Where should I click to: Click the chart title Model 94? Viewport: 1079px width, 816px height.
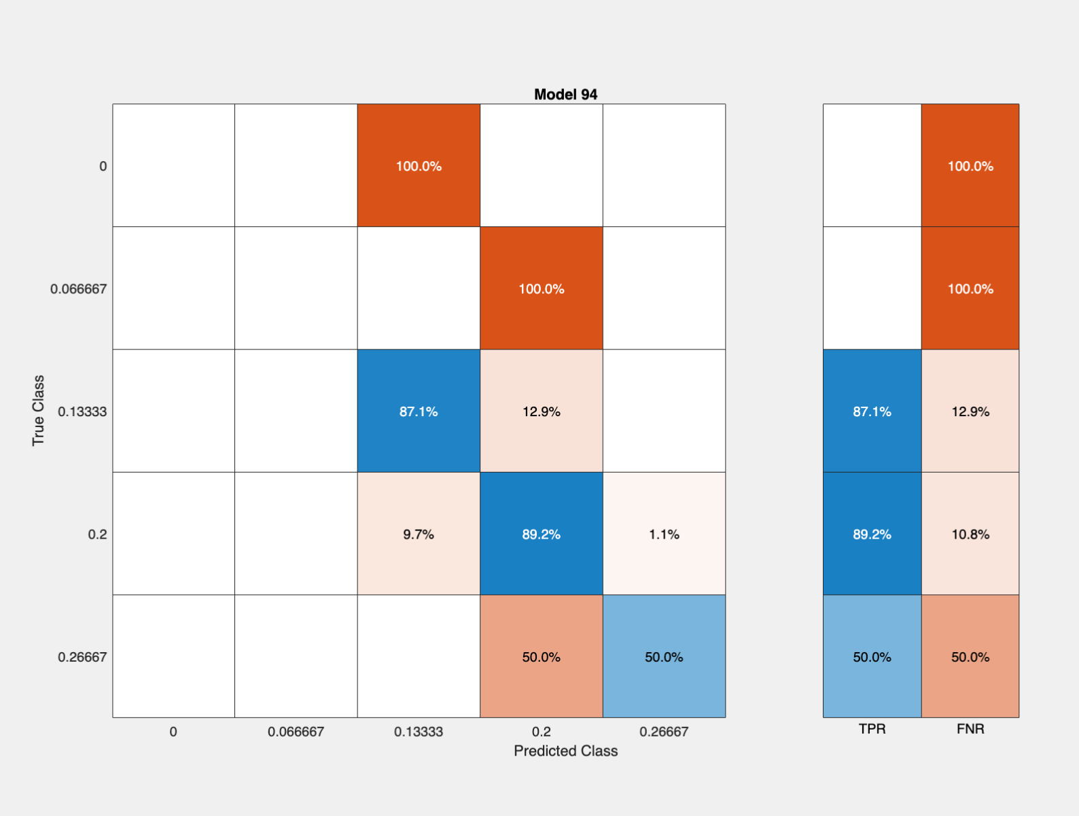(565, 95)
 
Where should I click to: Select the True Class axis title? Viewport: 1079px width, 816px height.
(38, 410)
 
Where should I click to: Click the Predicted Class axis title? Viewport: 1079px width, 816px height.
(565, 751)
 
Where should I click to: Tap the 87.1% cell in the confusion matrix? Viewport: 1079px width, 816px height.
(419, 411)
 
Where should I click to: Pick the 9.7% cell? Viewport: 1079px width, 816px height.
(419, 534)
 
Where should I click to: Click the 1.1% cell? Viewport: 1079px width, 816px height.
(664, 534)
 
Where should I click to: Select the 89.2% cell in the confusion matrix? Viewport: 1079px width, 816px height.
(541, 534)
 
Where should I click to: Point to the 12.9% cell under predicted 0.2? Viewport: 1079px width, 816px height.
(541, 411)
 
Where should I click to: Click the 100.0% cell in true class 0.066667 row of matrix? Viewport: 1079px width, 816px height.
(541, 288)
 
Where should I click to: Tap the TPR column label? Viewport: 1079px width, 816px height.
(872, 729)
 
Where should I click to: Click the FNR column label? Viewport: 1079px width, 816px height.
(970, 729)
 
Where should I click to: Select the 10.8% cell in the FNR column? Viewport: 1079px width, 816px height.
(970, 534)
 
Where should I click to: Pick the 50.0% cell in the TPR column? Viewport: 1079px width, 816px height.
(872, 656)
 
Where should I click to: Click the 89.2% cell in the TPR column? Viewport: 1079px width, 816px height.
(872, 534)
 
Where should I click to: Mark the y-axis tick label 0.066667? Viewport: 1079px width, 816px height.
(78, 289)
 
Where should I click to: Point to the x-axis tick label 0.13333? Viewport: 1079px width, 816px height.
(419, 732)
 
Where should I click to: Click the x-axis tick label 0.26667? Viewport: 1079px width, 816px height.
(664, 732)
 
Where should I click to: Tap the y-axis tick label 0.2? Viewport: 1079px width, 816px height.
(97, 534)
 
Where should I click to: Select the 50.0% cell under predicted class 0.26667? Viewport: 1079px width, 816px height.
(664, 656)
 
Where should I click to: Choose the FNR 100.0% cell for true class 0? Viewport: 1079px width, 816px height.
(970, 165)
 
